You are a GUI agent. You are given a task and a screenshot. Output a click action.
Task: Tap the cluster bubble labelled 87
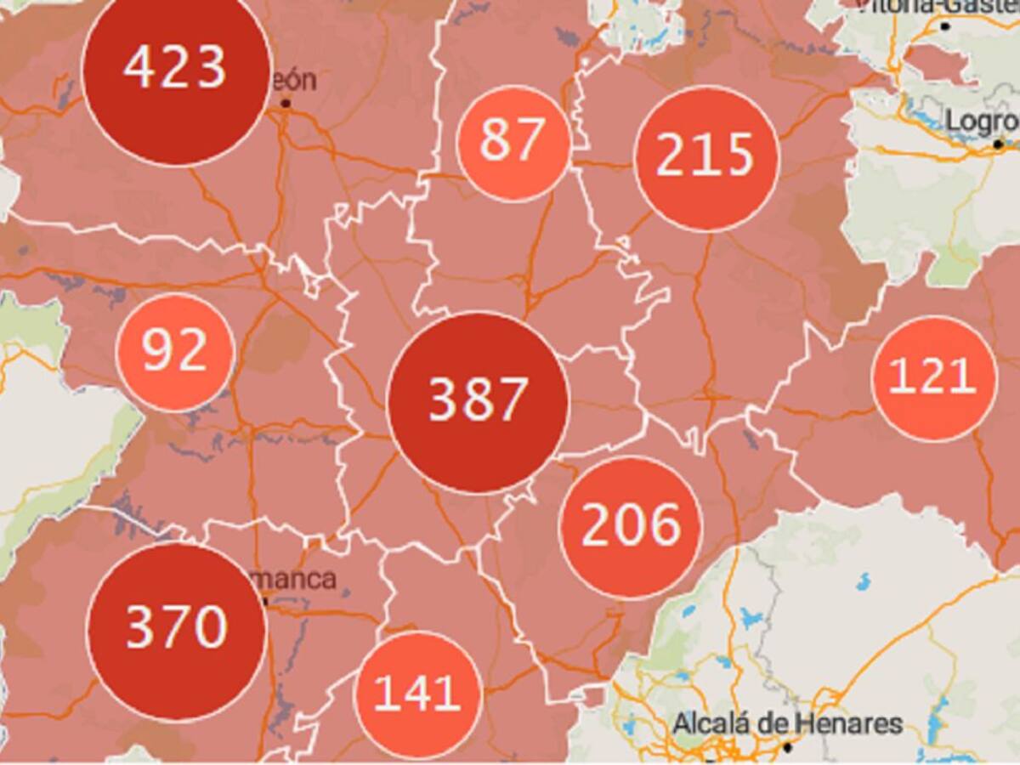(513, 142)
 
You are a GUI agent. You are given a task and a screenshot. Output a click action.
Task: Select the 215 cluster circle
(705, 157)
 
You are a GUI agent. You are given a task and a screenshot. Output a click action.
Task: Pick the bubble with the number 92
(174, 352)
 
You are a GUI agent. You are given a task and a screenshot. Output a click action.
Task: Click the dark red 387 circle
(478, 401)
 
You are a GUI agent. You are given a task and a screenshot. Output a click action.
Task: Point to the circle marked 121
(933, 378)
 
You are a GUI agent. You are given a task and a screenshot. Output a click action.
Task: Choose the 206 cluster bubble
(631, 527)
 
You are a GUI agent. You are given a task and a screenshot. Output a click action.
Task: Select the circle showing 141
(417, 694)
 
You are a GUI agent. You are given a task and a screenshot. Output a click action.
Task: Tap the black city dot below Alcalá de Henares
(788, 748)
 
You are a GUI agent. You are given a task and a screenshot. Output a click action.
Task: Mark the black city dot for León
(286, 104)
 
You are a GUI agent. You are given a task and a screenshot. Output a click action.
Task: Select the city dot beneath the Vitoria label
(945, 26)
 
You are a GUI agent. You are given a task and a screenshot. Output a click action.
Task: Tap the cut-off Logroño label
(983, 122)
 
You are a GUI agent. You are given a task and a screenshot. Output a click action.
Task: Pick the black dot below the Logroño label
(999, 145)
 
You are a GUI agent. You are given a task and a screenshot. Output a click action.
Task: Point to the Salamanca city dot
(265, 601)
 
